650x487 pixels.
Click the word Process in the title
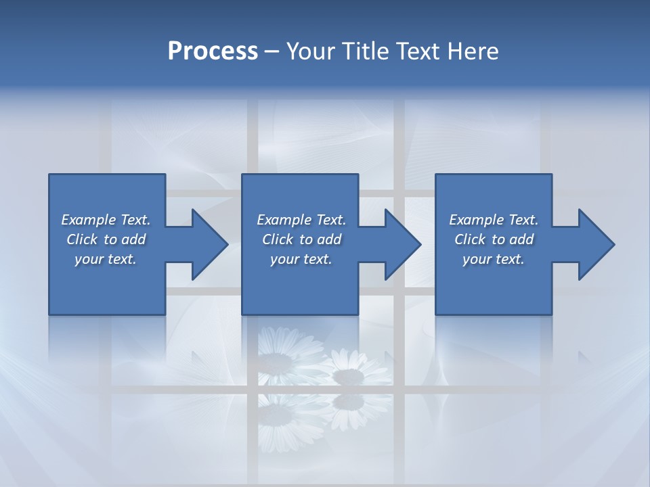(x=213, y=51)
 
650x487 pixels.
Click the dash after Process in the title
(x=272, y=52)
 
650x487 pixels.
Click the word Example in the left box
(x=89, y=220)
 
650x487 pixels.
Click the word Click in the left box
(x=82, y=239)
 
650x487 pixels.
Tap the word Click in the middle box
(x=278, y=239)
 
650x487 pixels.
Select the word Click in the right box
(x=470, y=239)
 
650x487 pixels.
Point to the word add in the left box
(x=133, y=239)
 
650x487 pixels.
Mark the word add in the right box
(x=521, y=239)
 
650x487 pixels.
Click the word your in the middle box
(x=284, y=260)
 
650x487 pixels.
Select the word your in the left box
(x=88, y=260)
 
